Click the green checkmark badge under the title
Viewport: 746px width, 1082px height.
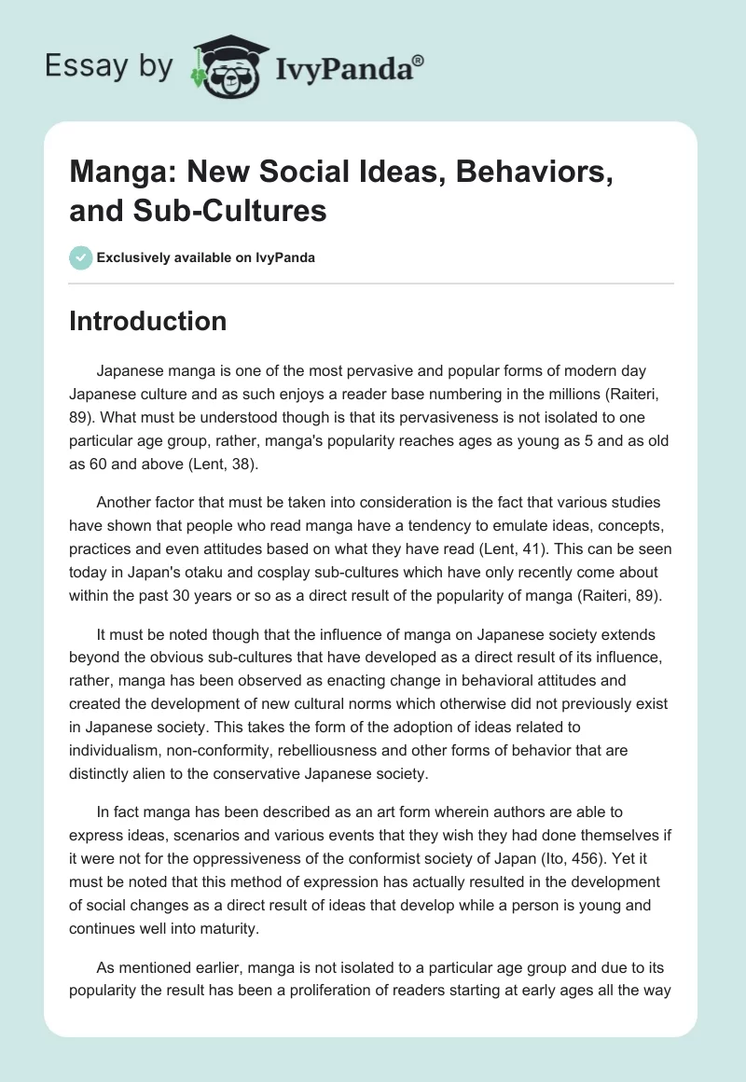[81, 257]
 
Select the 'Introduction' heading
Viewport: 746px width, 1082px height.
[148, 321]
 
